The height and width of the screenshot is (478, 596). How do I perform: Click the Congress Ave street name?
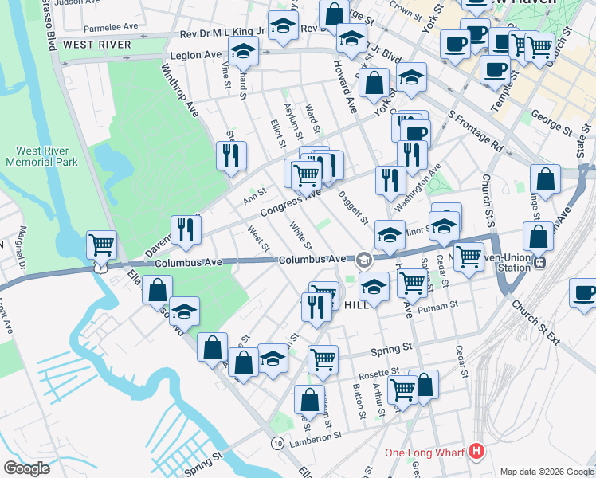[x=289, y=205]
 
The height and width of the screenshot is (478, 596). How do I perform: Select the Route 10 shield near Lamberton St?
[x=276, y=442]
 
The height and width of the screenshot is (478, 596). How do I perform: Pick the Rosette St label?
[x=378, y=372]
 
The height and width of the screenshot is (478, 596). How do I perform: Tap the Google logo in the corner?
[x=26, y=468]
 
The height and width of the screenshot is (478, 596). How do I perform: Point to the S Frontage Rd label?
[x=476, y=132]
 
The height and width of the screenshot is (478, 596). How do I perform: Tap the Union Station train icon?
[x=540, y=261]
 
